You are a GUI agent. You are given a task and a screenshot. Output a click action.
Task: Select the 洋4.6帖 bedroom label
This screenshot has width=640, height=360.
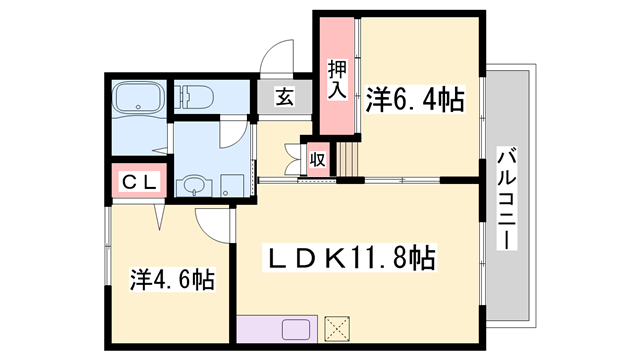(169, 277)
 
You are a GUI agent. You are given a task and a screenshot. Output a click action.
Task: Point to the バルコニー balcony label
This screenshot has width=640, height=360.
(507, 199)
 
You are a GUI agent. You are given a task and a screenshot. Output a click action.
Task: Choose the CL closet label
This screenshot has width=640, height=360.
(135, 181)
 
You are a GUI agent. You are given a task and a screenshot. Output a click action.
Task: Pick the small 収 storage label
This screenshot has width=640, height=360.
(317, 158)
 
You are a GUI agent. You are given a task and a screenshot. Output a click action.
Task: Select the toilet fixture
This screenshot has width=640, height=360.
(192, 97)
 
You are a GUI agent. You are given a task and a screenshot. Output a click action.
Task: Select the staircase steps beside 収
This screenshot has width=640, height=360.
(346, 158)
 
